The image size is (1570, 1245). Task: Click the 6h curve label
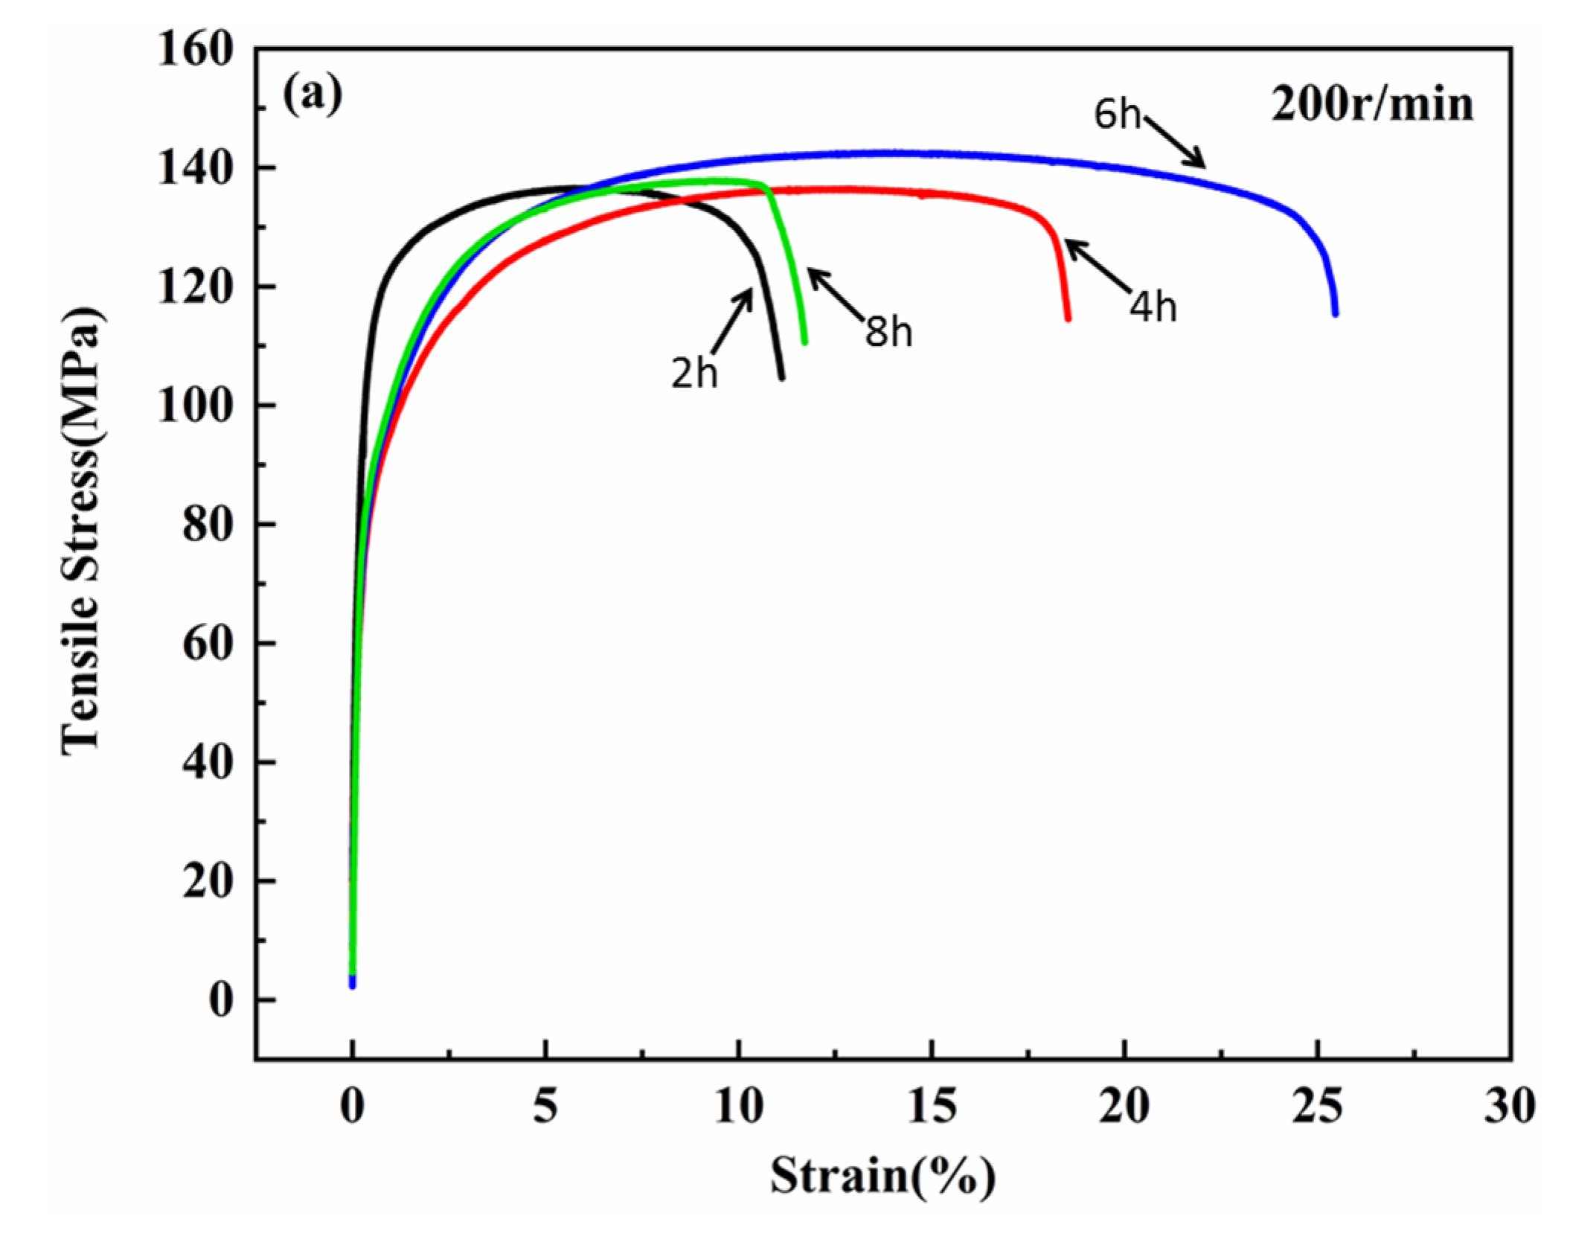[1115, 115]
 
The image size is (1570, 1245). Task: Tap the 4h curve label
[1153, 306]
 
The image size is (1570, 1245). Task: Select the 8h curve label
[888, 331]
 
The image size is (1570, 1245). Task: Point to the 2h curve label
[694, 372]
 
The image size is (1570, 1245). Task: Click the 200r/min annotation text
[1371, 105]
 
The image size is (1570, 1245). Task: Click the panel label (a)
[313, 95]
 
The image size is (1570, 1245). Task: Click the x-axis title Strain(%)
[882, 1177]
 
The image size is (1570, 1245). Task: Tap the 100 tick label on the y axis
[195, 406]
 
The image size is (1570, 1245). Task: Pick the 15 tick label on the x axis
[932, 1106]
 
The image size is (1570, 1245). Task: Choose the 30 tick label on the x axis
[1510, 1106]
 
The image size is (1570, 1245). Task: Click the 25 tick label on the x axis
[1317, 1106]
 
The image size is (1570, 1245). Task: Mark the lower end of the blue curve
[1335, 313]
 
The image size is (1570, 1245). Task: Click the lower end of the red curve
[1068, 319]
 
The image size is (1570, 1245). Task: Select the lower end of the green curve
[804, 342]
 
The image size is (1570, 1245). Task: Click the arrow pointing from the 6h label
[1174, 141]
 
